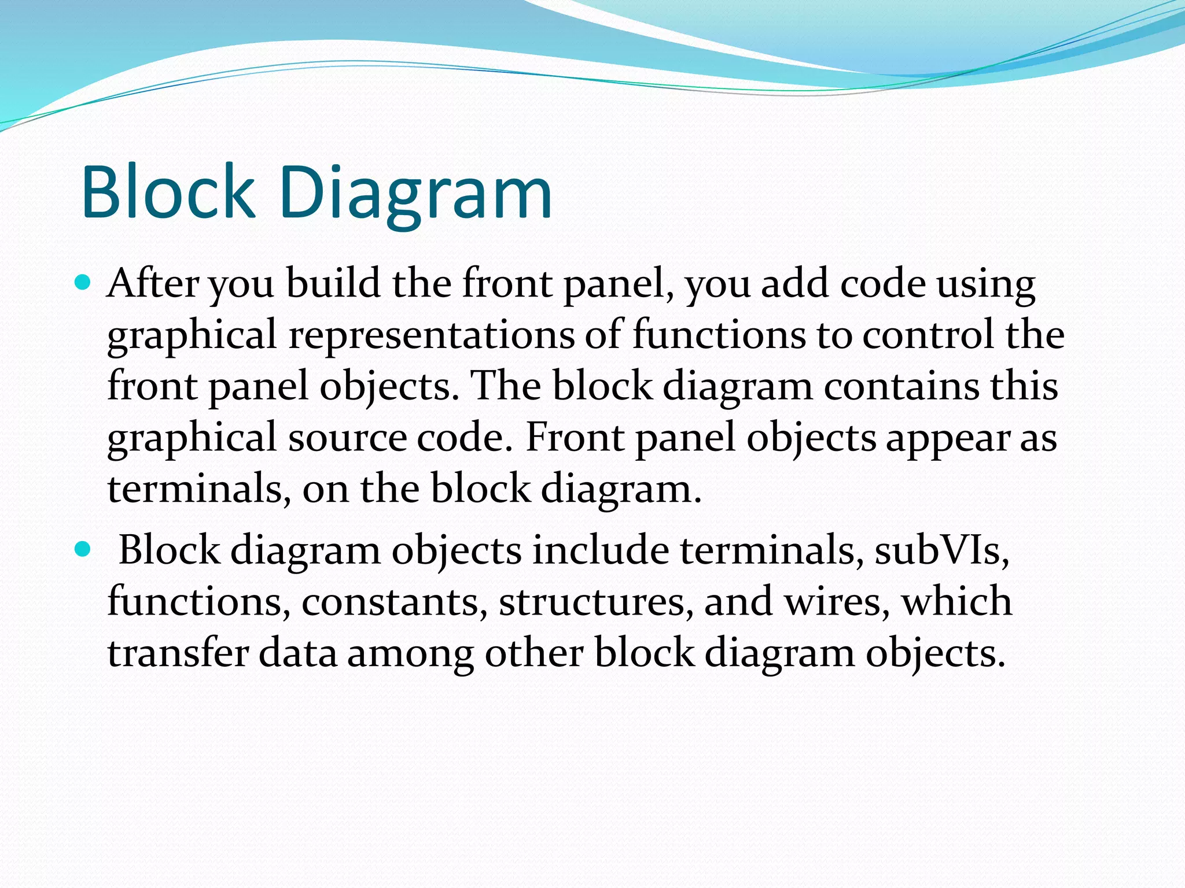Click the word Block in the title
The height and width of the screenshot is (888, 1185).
click(x=168, y=192)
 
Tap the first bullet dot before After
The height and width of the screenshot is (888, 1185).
click(x=84, y=283)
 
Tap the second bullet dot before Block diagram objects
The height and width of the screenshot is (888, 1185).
click(x=84, y=549)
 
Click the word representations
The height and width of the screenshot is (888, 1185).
click(x=432, y=336)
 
